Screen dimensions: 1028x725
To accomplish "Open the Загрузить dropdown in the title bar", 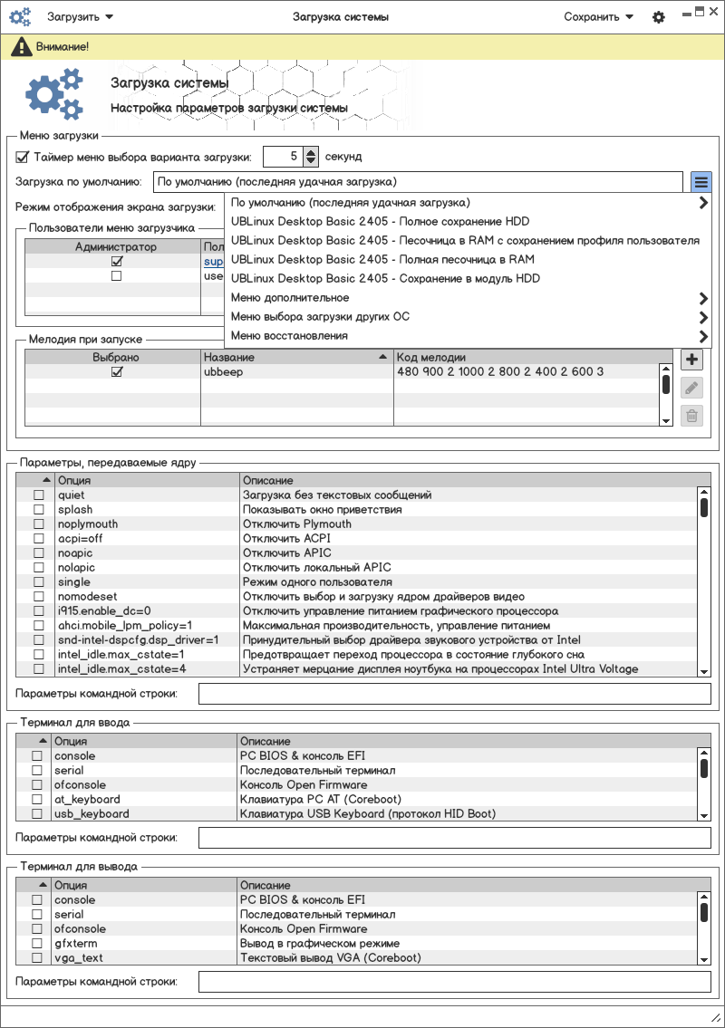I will click(80, 17).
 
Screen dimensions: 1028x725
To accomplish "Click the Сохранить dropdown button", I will click(598, 17).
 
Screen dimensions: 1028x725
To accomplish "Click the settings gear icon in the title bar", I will click(659, 17).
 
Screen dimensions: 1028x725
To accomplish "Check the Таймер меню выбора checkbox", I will click(23, 157).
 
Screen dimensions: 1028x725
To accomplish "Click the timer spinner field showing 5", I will click(283, 157).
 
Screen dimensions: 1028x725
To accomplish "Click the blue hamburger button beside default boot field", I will click(701, 182).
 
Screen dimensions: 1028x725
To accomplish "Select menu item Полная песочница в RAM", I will click(382, 259).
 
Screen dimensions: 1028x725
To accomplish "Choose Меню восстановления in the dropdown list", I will click(289, 336).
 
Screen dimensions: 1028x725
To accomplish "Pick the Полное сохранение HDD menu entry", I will click(380, 221).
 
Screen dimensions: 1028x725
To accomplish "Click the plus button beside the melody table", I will click(691, 360).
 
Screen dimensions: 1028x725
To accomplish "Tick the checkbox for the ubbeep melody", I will click(116, 372).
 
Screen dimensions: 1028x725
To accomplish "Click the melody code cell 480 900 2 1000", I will click(500, 372).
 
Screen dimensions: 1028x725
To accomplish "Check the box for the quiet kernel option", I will click(39, 495).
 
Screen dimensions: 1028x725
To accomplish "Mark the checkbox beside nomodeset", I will click(39, 597).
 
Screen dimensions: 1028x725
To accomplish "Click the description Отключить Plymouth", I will click(296, 524).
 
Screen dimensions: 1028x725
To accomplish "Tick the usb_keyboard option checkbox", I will click(37, 814).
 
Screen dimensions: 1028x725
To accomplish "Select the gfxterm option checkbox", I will click(37, 944).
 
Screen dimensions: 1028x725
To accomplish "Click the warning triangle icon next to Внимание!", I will click(18, 46).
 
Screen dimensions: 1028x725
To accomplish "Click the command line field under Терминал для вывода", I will click(454, 982).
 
